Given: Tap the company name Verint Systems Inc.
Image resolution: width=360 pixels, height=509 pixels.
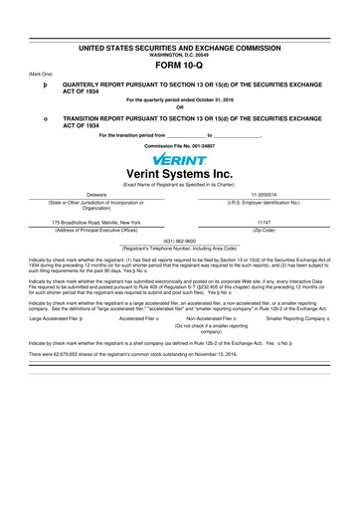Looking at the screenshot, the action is click(180, 177).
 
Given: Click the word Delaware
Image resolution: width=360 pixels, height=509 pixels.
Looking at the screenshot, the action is click(96, 195).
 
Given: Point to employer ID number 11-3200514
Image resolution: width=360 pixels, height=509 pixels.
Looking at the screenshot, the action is click(265, 195).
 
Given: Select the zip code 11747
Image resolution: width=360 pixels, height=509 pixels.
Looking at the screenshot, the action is click(265, 222).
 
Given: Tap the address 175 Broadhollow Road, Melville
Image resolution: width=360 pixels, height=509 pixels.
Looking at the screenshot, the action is click(96, 222).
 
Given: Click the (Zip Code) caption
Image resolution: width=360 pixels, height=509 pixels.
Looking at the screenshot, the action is click(265, 230).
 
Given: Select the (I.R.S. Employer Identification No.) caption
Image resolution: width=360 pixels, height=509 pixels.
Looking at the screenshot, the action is click(265, 203).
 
